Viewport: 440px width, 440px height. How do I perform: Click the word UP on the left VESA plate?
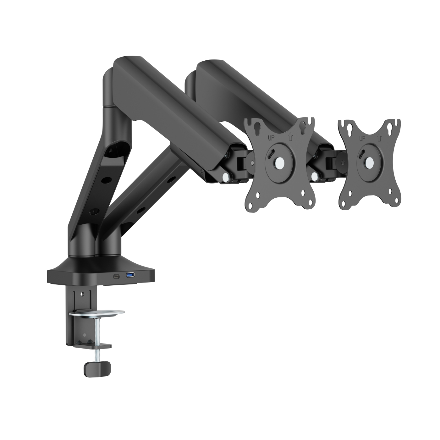coord(271,138)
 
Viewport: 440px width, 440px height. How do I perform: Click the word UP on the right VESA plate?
coord(363,138)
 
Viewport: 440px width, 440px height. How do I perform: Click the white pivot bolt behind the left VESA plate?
coord(225,177)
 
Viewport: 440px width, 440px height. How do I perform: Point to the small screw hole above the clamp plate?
coord(83,294)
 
